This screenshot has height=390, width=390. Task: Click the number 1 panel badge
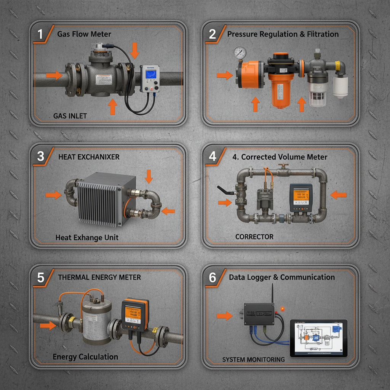(x=40, y=34)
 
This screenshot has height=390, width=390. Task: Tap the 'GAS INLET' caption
(x=70, y=116)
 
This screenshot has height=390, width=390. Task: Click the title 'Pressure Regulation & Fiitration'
(x=283, y=34)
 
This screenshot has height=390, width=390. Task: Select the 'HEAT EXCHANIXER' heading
(x=89, y=157)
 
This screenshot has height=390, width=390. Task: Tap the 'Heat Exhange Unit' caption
(x=87, y=238)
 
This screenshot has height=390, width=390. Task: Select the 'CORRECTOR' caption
(x=254, y=237)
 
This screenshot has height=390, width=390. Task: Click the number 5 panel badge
(x=40, y=278)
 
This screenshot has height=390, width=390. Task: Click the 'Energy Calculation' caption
(x=85, y=357)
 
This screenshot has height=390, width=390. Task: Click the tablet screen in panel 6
(x=318, y=338)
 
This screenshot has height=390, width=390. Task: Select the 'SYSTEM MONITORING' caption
(x=253, y=360)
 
